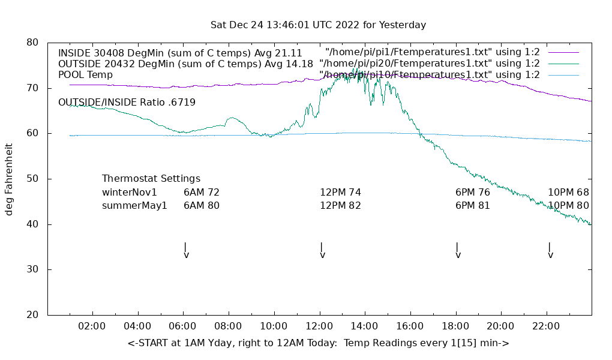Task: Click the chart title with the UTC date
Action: click(318, 25)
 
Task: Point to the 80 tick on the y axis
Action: click(32, 43)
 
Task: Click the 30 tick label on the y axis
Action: click(32, 269)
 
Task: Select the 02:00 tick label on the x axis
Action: click(92, 326)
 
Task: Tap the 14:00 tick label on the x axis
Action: click(364, 326)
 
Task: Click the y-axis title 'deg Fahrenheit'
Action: click(9, 179)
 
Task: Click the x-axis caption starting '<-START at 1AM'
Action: click(318, 343)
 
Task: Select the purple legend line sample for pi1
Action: click(563, 52)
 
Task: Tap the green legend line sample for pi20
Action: click(563, 64)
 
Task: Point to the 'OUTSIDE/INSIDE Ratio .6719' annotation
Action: click(127, 103)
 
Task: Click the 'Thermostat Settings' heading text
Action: click(151, 179)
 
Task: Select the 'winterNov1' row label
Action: click(130, 193)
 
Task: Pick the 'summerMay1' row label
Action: click(134, 206)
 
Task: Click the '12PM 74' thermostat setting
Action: click(340, 193)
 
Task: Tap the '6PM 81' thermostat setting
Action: click(473, 206)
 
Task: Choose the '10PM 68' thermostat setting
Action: click(568, 193)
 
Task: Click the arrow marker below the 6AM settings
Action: click(186, 251)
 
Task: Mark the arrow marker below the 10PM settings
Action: click(550, 251)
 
